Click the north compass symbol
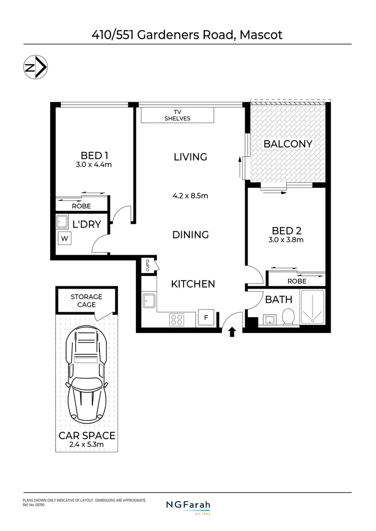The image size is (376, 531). [x=35, y=69]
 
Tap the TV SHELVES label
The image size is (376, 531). [x=177, y=116]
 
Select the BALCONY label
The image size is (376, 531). [x=288, y=144]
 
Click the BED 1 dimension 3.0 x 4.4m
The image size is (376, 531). [x=94, y=165]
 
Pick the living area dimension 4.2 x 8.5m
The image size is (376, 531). [x=190, y=196]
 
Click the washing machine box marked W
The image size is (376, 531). [x=63, y=239]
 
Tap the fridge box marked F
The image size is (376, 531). [x=206, y=318]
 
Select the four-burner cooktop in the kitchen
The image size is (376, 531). [x=176, y=320]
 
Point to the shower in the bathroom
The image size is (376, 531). [x=313, y=308]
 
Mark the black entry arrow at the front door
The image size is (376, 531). [x=232, y=333]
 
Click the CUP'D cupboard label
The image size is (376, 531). [x=147, y=266]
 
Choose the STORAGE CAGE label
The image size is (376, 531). [x=86, y=300]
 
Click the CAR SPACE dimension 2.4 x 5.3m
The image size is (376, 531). [x=87, y=445]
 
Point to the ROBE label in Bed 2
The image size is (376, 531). [x=296, y=281]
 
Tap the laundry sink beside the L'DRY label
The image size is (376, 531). [x=63, y=222]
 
